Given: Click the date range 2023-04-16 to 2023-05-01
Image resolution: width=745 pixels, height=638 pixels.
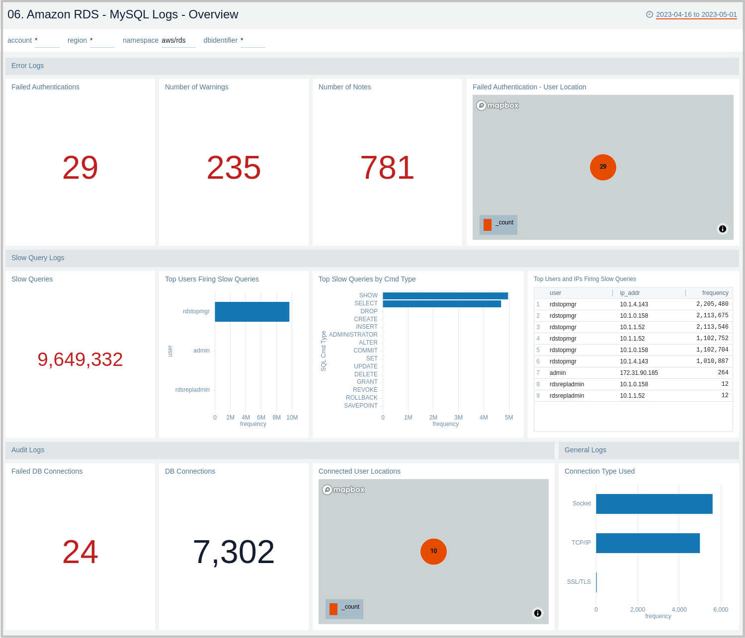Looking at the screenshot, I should pyautogui.click(x=696, y=14).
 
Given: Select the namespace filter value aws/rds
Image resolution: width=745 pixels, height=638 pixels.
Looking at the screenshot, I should pyautogui.click(x=173, y=40).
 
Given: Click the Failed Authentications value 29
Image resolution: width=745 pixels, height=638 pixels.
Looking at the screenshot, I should pyautogui.click(x=80, y=167).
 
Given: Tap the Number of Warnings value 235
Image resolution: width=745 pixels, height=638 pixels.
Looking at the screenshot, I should pyautogui.click(x=234, y=167).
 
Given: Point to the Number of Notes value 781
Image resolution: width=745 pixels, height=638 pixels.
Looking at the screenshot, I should pyautogui.click(x=387, y=167).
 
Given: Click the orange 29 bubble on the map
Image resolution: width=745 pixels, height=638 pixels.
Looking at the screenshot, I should pyautogui.click(x=603, y=167).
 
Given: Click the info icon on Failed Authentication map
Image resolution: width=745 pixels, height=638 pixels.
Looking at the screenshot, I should pyautogui.click(x=723, y=229).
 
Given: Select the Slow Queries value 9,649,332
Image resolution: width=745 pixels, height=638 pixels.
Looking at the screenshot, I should pyautogui.click(x=80, y=359).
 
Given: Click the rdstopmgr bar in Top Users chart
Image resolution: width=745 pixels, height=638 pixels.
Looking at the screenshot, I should pyautogui.click(x=252, y=312).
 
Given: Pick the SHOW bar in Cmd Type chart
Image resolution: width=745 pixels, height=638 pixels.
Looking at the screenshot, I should pyautogui.click(x=445, y=296).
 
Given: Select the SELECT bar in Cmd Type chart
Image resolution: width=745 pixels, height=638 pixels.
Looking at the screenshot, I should pyautogui.click(x=442, y=304).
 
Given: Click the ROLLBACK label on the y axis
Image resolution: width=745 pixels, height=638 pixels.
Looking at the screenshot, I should pyautogui.click(x=361, y=398).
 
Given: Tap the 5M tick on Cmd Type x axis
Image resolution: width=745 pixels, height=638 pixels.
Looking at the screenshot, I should pyautogui.click(x=509, y=418).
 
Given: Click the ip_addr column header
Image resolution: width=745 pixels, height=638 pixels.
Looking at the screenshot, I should pyautogui.click(x=630, y=293).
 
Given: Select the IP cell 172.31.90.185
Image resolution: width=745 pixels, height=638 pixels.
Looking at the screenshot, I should pyautogui.click(x=639, y=373).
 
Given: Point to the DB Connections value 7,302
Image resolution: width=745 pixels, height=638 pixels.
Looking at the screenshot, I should pyautogui.click(x=234, y=552).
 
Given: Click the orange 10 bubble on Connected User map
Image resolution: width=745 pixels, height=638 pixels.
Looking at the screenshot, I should pyautogui.click(x=433, y=551).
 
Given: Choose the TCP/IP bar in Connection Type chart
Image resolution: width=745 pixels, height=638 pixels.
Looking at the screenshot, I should pyautogui.click(x=648, y=543).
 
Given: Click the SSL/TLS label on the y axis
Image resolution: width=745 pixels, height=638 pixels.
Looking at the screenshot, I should pyautogui.click(x=579, y=582).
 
